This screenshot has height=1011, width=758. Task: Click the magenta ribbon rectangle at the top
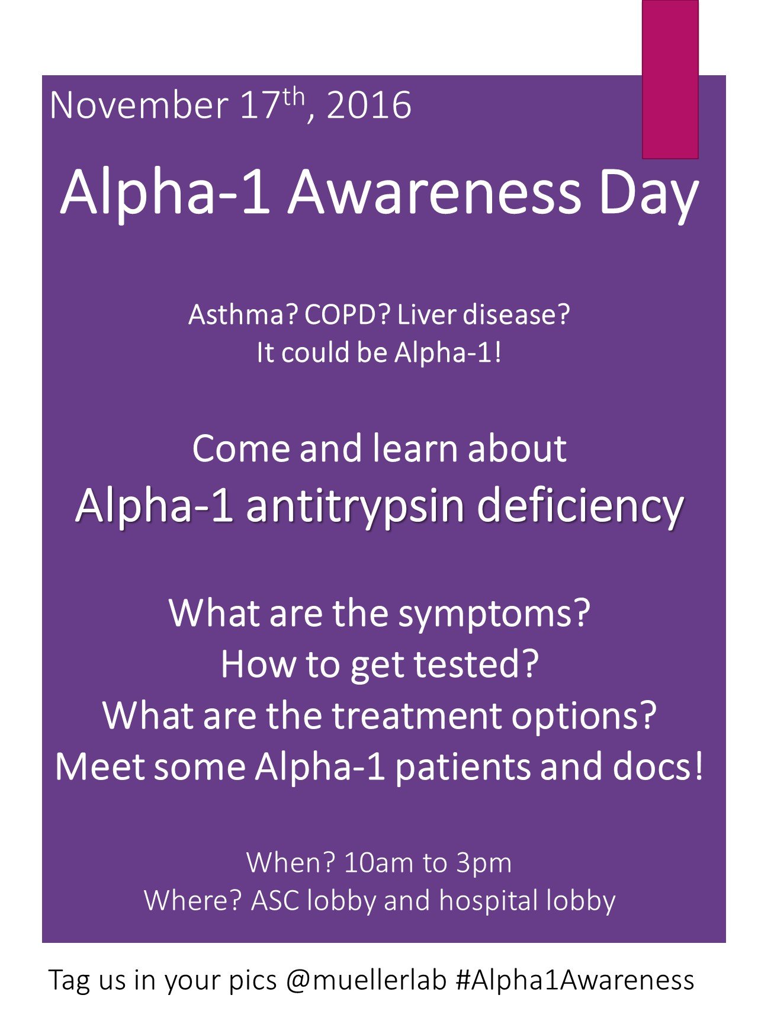(x=670, y=79)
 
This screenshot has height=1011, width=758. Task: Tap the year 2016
(x=368, y=106)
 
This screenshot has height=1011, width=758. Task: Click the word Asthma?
(x=243, y=314)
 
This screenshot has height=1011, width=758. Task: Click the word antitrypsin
(x=355, y=508)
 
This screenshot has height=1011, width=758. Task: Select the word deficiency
(x=580, y=508)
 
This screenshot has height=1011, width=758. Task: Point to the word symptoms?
(x=494, y=614)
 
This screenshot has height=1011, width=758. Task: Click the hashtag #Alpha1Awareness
(x=575, y=980)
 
